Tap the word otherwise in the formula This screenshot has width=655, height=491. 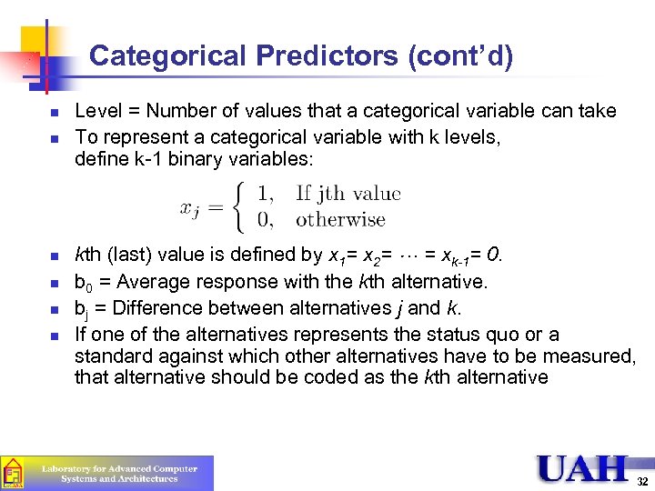[x=340, y=219]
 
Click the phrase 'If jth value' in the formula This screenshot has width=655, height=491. [x=348, y=194]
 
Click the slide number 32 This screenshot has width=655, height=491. [x=642, y=480]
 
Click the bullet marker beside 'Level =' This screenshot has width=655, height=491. [x=55, y=114]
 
